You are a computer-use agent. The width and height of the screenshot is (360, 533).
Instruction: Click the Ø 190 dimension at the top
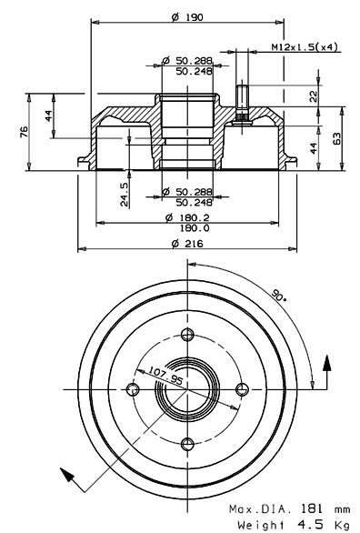(x=187, y=17)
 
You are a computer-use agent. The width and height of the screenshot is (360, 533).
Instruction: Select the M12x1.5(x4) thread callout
(x=305, y=47)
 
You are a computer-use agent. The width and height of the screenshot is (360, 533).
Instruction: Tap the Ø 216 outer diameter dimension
(x=187, y=244)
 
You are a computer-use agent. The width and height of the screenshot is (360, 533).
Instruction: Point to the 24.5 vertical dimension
(x=125, y=194)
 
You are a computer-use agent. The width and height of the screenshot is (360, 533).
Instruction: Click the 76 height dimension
(x=25, y=132)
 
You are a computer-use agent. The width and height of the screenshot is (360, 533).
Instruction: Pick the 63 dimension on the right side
(x=336, y=138)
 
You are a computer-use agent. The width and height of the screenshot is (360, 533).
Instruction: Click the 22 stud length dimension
(x=314, y=96)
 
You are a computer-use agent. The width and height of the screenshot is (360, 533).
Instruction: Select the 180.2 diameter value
(x=187, y=217)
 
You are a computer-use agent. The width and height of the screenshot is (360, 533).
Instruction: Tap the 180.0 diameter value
(x=195, y=227)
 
